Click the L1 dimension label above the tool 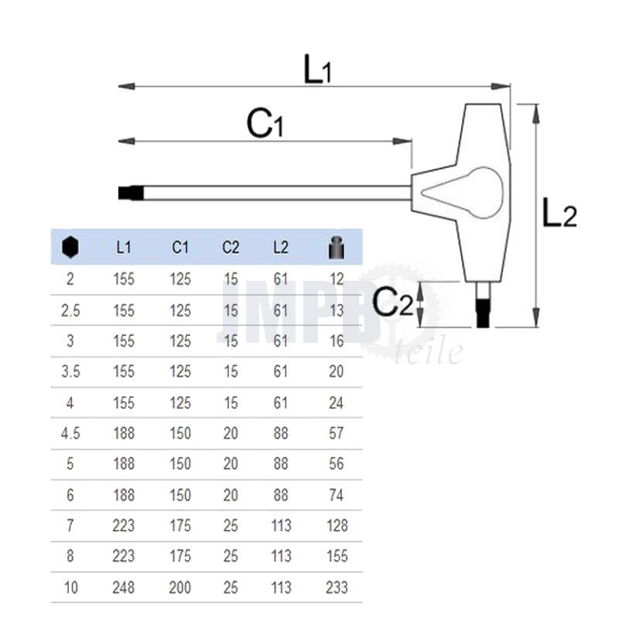coord(317,69)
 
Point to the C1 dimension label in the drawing coord(265,123)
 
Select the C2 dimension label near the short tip coord(393,302)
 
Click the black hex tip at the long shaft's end coord(131,193)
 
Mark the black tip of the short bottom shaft coord(483,314)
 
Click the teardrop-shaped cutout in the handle coord(463,193)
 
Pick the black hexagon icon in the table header coord(70,248)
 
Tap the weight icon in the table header coord(337,248)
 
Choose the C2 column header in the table coord(231,248)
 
